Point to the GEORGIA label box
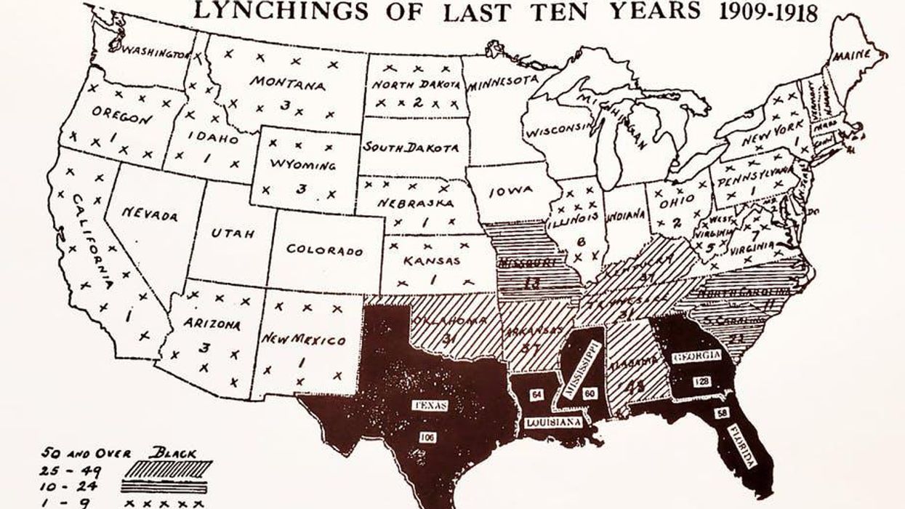(x=697, y=356)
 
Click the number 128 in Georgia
(x=701, y=381)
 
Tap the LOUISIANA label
(x=553, y=422)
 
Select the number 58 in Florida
(x=723, y=412)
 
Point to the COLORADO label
(x=324, y=249)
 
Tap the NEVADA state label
(x=150, y=215)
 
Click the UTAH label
(x=233, y=233)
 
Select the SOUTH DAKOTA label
(x=411, y=148)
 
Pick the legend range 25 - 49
(x=71, y=469)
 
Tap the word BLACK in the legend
(x=172, y=452)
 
